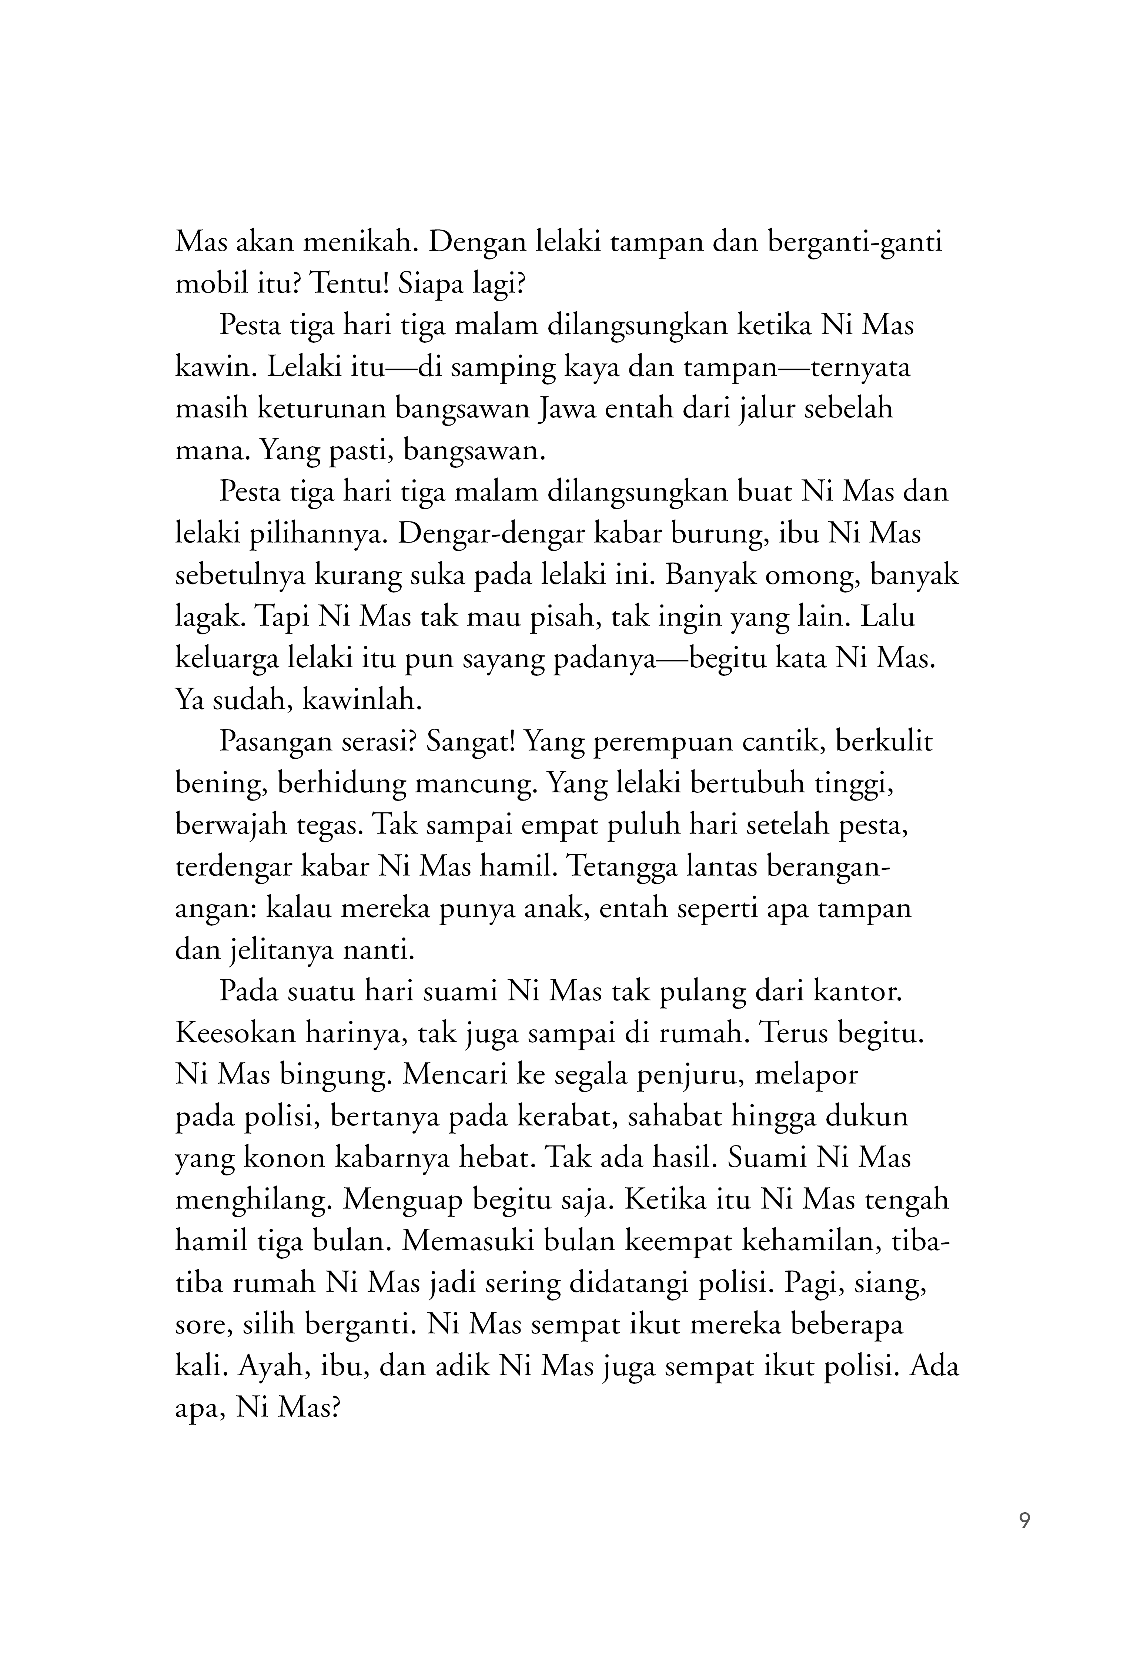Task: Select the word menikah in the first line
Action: tap(361, 243)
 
